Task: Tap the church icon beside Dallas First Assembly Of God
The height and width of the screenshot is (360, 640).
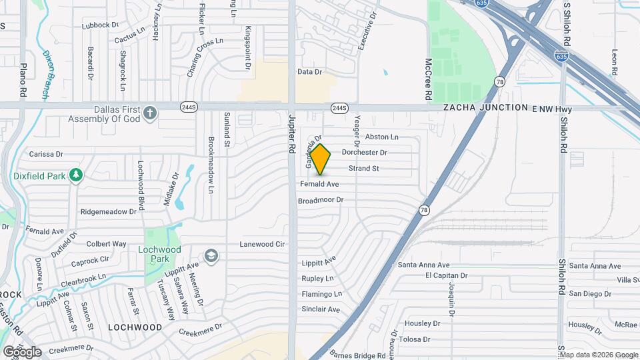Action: (150, 113)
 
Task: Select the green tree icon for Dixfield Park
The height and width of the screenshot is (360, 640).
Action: (77, 175)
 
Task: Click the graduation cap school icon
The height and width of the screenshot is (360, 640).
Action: (211, 255)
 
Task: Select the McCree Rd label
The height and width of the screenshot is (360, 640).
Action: (429, 79)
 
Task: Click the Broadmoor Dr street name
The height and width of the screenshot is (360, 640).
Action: (320, 200)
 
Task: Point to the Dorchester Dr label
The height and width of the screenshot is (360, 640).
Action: (364, 153)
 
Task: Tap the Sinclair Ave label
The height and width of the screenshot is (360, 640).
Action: (321, 309)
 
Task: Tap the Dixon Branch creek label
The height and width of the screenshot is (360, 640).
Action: (46, 75)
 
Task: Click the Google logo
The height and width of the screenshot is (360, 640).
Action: (21, 351)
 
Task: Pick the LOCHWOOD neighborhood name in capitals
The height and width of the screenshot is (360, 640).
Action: (135, 327)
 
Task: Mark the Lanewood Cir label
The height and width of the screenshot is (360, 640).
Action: (262, 245)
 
